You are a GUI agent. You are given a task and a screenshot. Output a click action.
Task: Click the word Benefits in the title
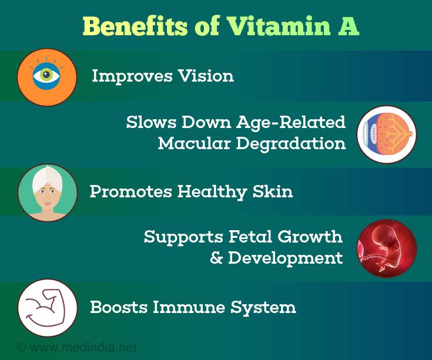135,26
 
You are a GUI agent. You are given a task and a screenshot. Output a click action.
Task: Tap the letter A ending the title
349,26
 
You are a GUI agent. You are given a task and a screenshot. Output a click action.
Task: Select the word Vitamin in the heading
279,26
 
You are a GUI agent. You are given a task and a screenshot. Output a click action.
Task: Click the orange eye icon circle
47,78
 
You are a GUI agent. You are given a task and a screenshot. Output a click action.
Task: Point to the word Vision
206,76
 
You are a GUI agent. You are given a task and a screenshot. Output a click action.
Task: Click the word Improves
132,76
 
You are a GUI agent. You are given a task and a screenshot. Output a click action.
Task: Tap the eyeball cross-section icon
387,134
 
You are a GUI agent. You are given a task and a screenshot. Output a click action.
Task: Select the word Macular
194,143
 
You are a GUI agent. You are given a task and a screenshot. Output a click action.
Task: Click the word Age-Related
291,123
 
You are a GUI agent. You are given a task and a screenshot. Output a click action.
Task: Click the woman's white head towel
48,178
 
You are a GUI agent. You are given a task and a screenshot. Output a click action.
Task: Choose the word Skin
273,191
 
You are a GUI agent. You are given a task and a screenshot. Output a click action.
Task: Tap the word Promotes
131,191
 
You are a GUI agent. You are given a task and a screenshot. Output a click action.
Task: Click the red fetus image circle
387,248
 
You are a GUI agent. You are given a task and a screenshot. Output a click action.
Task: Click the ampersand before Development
216,258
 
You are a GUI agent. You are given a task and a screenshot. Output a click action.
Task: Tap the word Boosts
119,307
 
